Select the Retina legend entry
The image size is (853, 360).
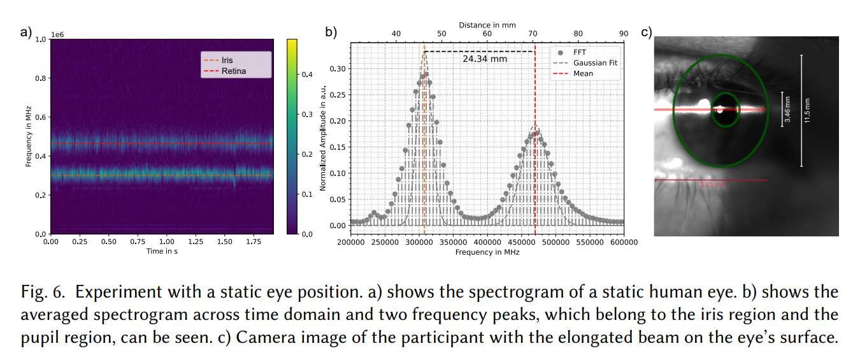(x=233, y=71)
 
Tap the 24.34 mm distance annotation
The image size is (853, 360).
(x=485, y=59)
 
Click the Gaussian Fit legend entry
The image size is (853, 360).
(x=594, y=62)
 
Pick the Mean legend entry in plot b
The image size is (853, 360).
(x=582, y=73)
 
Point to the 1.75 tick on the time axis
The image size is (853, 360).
(x=255, y=242)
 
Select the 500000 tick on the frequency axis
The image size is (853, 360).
(x=556, y=243)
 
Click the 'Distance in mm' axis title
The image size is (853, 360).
(x=487, y=25)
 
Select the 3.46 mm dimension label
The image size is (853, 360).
(x=787, y=109)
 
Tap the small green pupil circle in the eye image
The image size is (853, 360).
(x=725, y=109)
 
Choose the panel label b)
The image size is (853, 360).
(x=331, y=32)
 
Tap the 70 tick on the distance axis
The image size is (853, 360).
(x=533, y=34)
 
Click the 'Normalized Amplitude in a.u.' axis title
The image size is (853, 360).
(x=323, y=136)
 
